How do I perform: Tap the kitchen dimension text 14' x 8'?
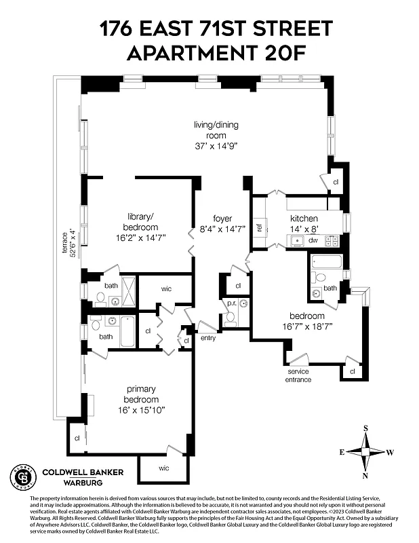click(304, 230)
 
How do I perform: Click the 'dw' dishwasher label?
click(313, 240)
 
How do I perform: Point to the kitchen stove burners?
click(332, 240)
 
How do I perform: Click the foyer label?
click(222, 219)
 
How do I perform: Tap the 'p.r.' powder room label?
click(231, 303)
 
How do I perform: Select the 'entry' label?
click(207, 337)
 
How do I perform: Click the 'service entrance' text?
click(298, 375)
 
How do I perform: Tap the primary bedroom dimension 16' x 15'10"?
click(140, 410)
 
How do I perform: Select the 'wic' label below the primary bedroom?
click(164, 468)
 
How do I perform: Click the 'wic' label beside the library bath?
click(166, 288)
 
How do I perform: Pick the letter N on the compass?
click(366, 475)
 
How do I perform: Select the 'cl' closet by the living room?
click(335, 181)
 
